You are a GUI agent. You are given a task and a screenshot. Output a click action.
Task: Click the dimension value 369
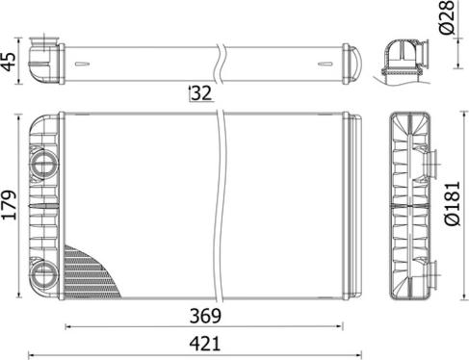[204, 315]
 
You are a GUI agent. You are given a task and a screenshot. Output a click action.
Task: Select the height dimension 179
[9, 205]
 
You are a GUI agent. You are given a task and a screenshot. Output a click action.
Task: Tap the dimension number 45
[9, 61]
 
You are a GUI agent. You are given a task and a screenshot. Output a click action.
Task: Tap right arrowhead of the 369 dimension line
[343, 327]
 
